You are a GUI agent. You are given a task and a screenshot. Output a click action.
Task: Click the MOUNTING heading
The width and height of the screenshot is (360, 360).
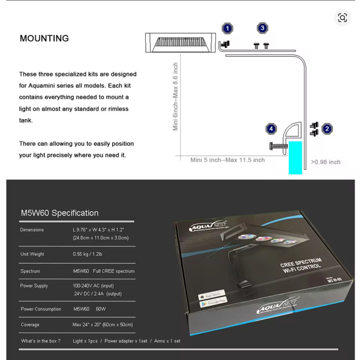click(x=44, y=38)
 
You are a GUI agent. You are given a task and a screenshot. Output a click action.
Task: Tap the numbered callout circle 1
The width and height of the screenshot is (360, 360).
click(x=227, y=28)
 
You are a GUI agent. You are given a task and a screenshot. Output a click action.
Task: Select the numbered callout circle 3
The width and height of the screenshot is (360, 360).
click(x=262, y=28)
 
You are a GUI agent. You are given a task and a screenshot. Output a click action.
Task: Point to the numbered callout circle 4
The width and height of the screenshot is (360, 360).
click(x=271, y=129)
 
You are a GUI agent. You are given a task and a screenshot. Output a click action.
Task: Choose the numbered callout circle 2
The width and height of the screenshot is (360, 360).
click(x=327, y=129)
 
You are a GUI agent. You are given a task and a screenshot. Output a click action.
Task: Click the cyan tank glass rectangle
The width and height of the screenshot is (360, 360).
click(x=295, y=157)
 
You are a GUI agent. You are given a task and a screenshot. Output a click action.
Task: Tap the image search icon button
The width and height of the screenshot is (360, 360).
click(x=342, y=18)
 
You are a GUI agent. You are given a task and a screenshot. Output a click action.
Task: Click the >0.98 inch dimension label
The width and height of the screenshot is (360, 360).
click(x=326, y=162)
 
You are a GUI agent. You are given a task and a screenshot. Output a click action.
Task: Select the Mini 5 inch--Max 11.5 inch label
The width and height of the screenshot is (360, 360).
click(x=227, y=160)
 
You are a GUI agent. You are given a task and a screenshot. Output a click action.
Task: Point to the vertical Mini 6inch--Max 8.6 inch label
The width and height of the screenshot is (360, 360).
click(x=175, y=97)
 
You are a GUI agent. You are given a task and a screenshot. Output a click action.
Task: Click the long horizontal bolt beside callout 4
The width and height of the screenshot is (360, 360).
click(x=278, y=146)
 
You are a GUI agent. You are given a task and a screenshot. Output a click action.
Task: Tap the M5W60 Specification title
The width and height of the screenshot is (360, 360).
click(x=60, y=213)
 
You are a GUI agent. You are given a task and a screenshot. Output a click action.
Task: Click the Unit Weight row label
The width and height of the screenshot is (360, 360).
click(x=32, y=254)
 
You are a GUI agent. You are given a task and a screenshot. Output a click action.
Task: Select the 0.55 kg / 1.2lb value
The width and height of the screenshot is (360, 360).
click(x=88, y=254)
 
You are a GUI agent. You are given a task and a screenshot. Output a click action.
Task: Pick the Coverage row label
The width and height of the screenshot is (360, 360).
click(x=30, y=325)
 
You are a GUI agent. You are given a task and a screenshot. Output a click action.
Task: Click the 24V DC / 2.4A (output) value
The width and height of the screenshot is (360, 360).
click(x=98, y=294)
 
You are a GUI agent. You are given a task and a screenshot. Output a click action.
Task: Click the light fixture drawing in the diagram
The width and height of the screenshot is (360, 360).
click(x=181, y=43)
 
